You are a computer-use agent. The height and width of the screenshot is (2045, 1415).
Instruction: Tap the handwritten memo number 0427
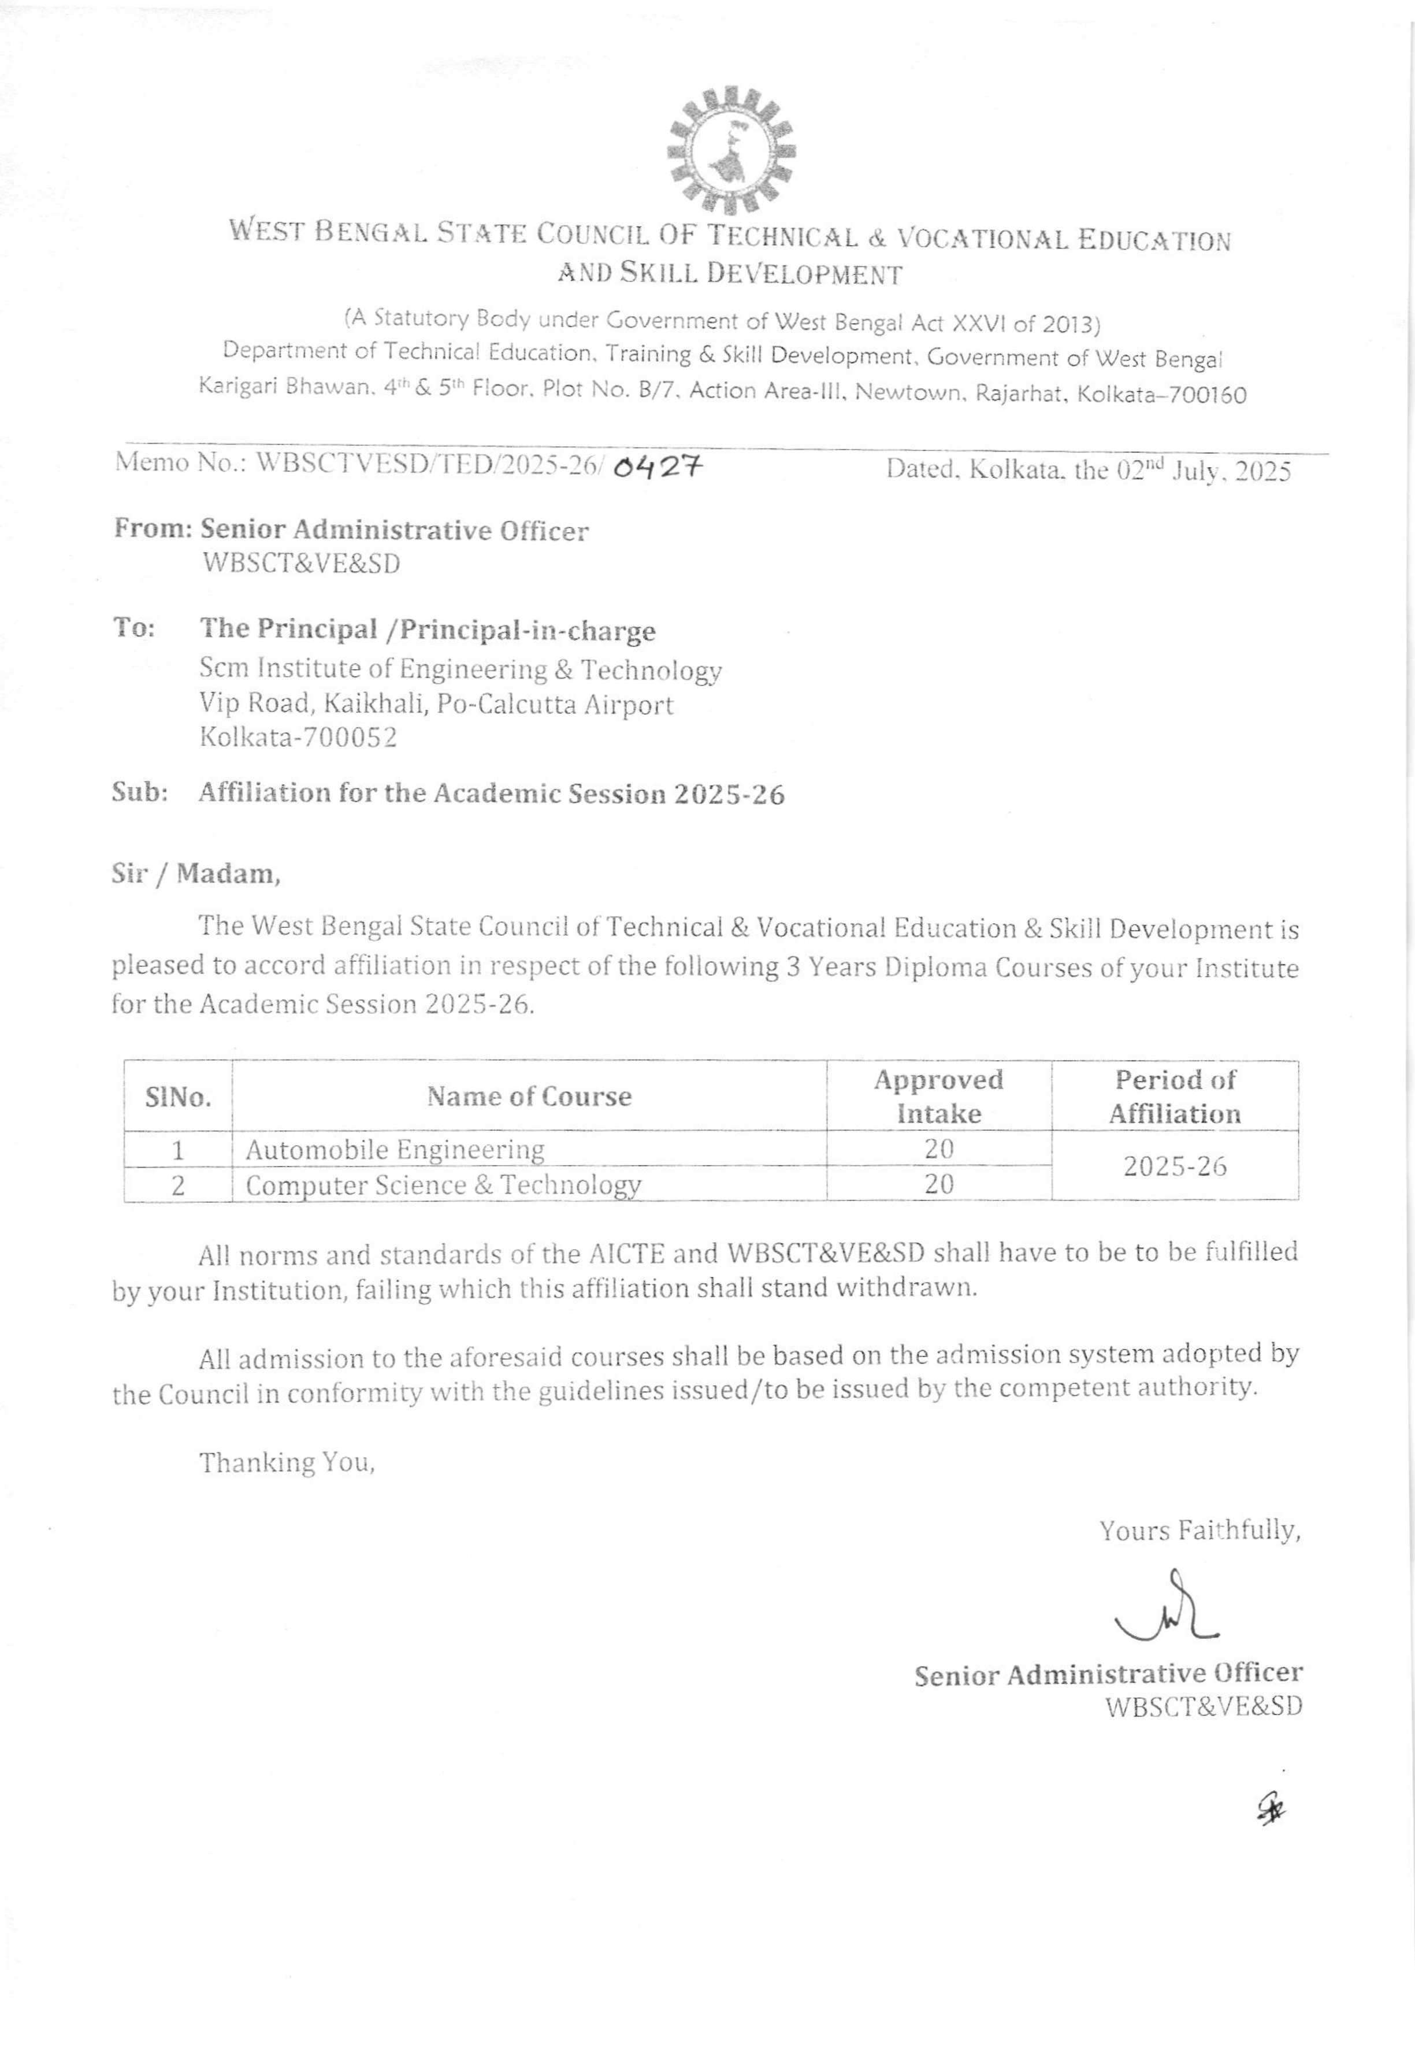tap(657, 465)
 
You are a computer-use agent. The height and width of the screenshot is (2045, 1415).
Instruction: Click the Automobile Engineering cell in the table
tap(395, 1150)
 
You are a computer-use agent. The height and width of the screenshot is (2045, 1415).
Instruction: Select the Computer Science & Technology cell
tap(443, 1185)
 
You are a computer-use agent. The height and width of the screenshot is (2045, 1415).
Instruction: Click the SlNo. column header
tap(178, 1098)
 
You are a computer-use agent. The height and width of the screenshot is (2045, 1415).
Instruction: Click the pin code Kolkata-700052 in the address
tap(298, 738)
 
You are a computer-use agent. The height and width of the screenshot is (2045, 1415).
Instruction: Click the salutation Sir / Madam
tap(196, 875)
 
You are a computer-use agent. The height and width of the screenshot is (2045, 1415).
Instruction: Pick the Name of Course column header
tap(529, 1097)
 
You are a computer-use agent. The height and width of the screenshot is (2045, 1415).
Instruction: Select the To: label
tap(134, 629)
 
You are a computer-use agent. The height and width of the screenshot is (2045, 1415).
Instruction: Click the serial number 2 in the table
tap(178, 1185)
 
